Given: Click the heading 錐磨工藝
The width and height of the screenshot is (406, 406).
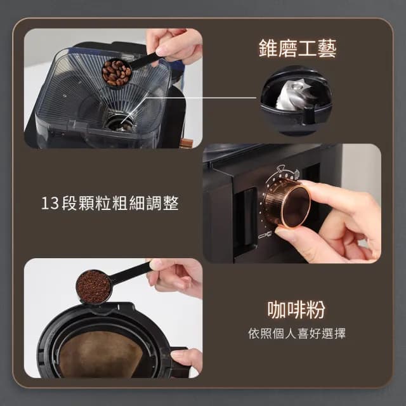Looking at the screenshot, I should [x=297, y=49].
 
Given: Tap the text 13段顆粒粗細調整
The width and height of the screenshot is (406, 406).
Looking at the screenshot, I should [x=110, y=204].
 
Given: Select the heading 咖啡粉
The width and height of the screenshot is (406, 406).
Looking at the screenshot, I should [x=297, y=310].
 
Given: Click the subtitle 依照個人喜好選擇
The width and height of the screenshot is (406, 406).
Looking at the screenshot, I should [x=297, y=334].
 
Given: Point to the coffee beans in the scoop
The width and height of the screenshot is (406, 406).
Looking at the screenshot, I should [x=117, y=72].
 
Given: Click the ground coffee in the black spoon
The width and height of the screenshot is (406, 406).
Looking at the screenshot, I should [x=93, y=287].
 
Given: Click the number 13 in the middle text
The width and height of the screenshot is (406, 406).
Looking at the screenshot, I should [x=49, y=204].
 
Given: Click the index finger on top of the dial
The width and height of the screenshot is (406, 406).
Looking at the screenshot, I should [x=336, y=193].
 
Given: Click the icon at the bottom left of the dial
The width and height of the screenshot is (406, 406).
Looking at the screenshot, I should [x=264, y=236].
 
